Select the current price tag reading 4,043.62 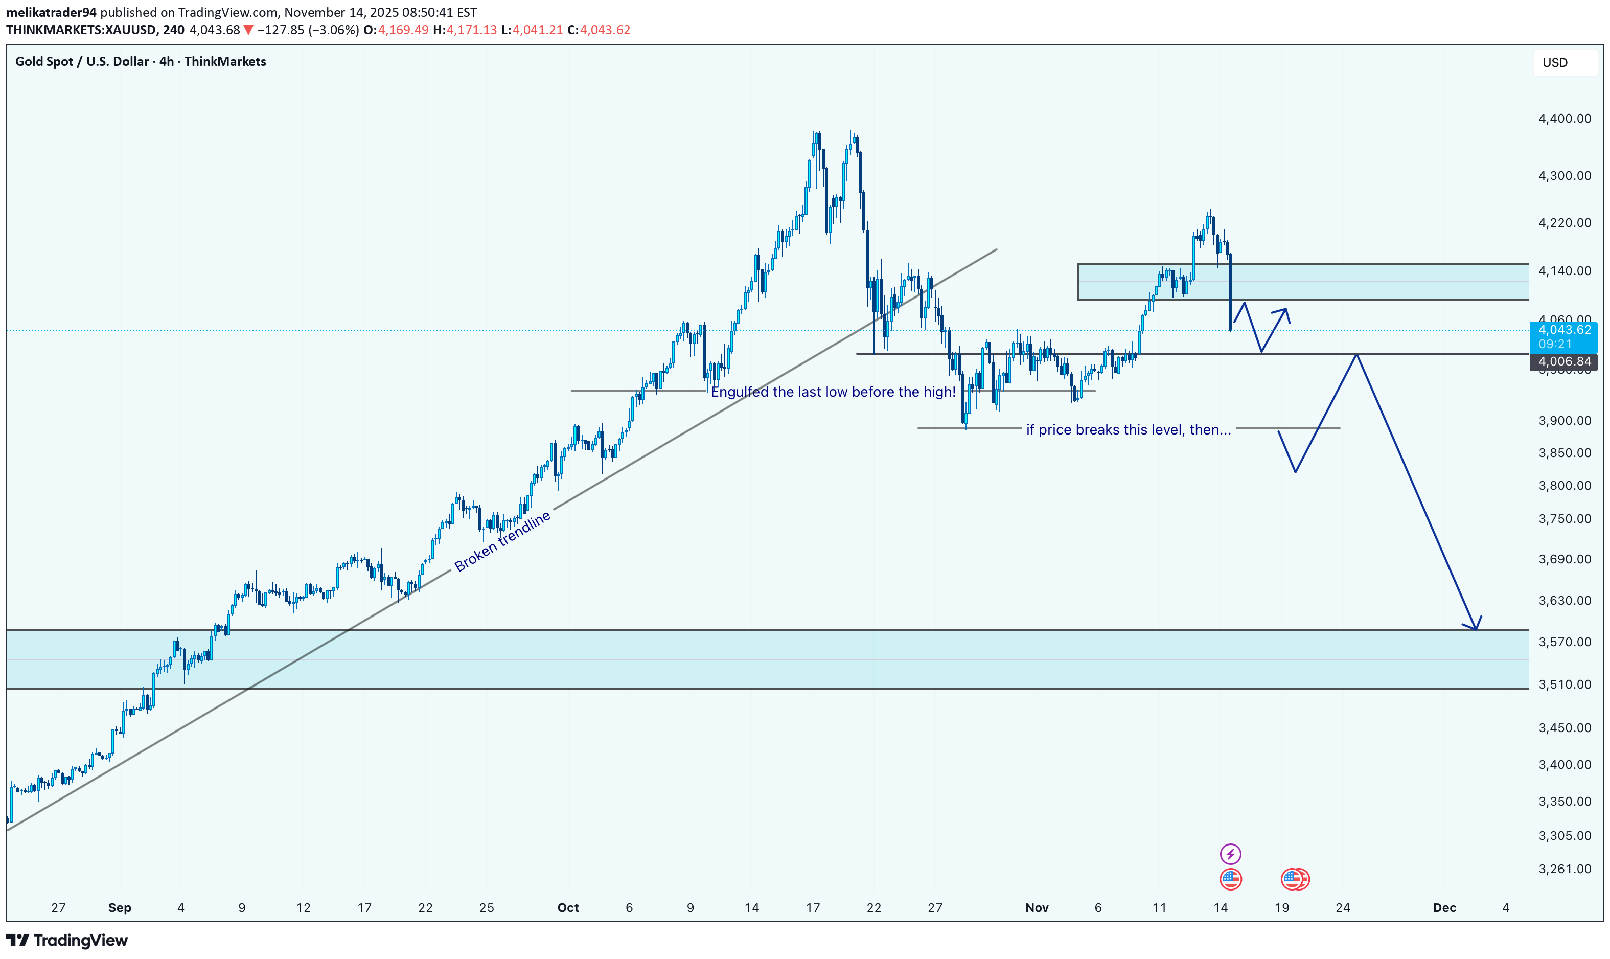click(x=1564, y=330)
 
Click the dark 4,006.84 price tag click(x=1564, y=362)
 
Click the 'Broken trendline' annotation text click(x=502, y=541)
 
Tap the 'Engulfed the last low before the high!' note click(x=833, y=392)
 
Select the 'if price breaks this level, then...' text click(x=1128, y=430)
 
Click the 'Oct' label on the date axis click(x=568, y=907)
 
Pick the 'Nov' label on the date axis click(x=1037, y=907)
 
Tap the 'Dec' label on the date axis click(x=1444, y=907)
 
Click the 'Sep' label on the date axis click(x=120, y=907)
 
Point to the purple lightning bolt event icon click(x=1230, y=854)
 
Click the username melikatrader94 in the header click(x=51, y=12)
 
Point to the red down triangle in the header click(x=248, y=30)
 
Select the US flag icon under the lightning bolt click(x=1230, y=879)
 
